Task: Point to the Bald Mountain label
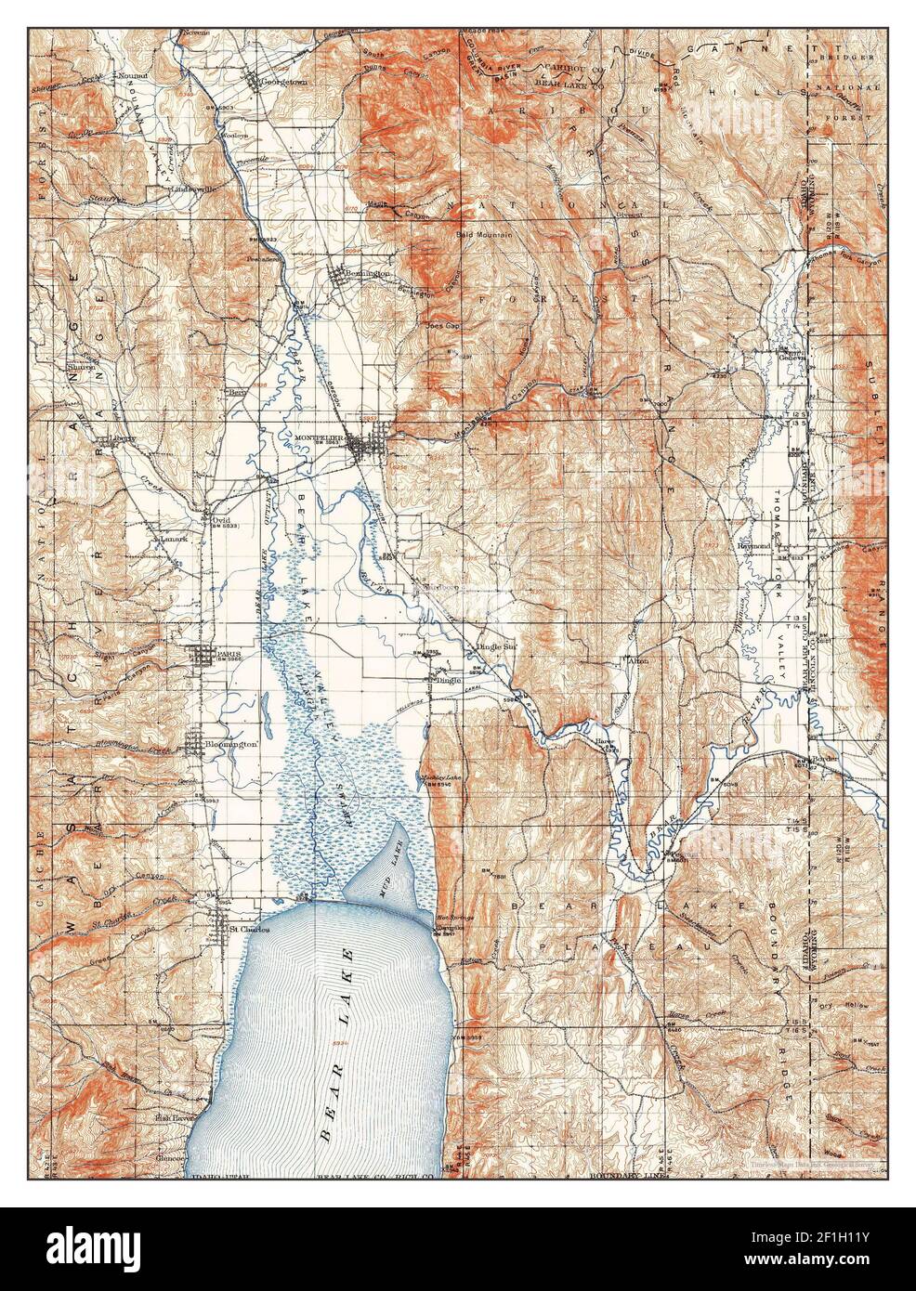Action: coord(481,235)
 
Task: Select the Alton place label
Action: coord(638,660)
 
